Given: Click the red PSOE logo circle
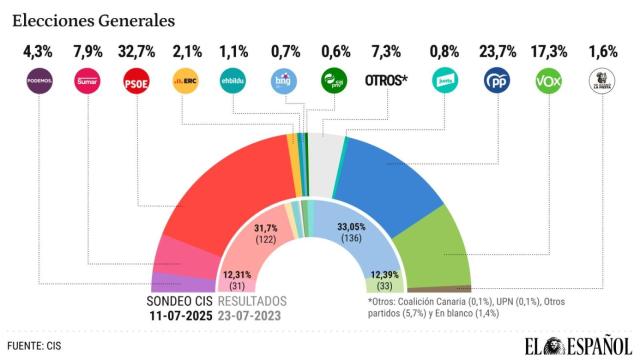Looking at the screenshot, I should pos(136,81).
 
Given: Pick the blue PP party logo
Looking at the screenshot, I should pos(497,81).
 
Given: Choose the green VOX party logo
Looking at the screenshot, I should pos(549,81).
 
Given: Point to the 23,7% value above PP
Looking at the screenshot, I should pos(497,49).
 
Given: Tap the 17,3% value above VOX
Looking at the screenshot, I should pos(549,49).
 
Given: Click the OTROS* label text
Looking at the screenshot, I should pos(388,80).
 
